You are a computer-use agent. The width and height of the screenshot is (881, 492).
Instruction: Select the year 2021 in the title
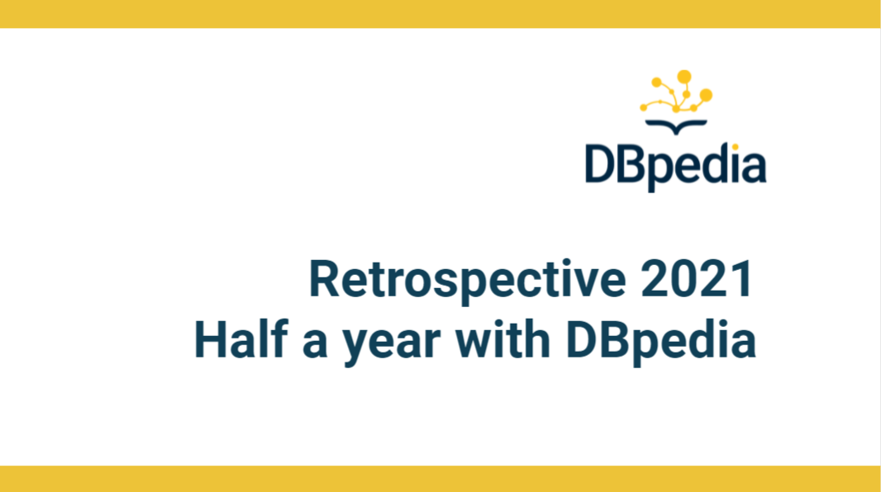(697, 278)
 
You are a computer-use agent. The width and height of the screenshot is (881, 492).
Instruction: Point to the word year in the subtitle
(393, 346)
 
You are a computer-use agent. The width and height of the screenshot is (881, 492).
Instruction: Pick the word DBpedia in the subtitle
(661, 342)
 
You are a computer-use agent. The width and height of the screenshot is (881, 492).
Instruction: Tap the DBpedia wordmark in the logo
(675, 167)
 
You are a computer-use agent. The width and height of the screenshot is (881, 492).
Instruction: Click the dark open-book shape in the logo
(676, 127)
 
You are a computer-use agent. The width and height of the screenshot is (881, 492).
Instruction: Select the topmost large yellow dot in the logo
(683, 77)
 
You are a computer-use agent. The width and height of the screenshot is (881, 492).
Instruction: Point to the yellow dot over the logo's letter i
(735, 147)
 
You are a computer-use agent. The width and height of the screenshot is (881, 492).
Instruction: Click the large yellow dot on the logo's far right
(706, 96)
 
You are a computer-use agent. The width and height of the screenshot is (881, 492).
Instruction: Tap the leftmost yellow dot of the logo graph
(643, 107)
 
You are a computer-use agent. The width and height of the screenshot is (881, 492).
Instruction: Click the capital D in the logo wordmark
(601, 163)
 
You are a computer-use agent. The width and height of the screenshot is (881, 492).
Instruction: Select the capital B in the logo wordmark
(635, 163)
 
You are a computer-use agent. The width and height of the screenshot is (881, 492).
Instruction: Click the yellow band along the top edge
(440, 14)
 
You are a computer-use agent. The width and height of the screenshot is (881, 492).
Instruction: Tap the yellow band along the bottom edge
(440, 479)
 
